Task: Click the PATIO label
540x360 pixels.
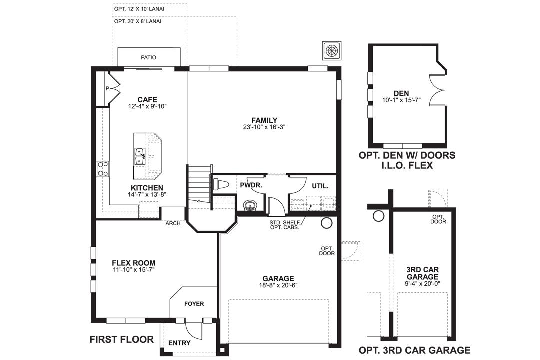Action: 148,57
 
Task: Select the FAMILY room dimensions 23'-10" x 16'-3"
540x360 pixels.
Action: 264,127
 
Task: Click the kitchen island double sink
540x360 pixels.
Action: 140,156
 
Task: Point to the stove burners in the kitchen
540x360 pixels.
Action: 103,169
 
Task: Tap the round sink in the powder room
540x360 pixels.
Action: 249,205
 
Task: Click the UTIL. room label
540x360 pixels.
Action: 320,186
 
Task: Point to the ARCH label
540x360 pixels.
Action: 173,223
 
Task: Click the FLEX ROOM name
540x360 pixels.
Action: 133,263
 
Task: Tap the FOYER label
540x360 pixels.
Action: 194,304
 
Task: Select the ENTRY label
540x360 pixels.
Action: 179,343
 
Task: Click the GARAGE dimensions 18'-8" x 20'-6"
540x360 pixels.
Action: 278,286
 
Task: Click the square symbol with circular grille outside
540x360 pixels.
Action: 332,50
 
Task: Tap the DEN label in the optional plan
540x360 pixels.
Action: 401,93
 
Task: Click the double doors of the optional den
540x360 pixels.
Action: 437,90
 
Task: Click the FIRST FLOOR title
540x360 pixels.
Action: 121,340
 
